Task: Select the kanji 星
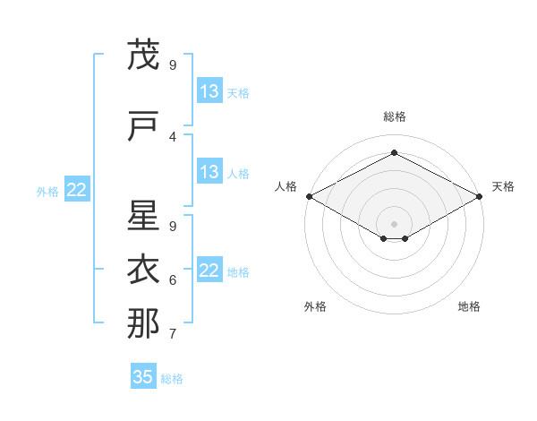tap(142, 216)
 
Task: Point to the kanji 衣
tap(142, 269)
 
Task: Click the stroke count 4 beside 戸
tap(173, 137)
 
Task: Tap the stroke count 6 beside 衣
tap(173, 280)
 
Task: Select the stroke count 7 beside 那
tap(173, 334)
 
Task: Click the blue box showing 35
tap(143, 377)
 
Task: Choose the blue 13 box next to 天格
tap(209, 91)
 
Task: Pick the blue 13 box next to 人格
tap(209, 172)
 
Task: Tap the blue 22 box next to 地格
tap(209, 271)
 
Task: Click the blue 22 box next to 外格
tap(77, 190)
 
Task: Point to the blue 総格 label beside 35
tap(173, 379)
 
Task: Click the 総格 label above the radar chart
tap(394, 116)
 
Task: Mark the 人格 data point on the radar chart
tap(309, 196)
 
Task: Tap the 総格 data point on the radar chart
tap(394, 153)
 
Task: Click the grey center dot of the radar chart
tap(394, 222)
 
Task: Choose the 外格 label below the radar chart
tap(315, 306)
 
